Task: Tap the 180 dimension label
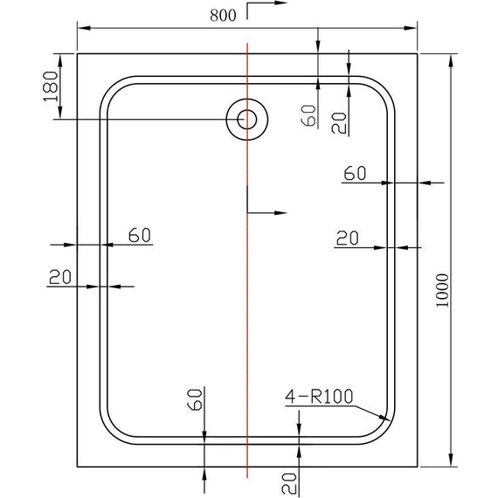pos(50,86)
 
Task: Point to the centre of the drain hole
pos(246,120)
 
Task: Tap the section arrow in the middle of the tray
pos(269,212)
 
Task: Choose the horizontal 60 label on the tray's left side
pos(140,234)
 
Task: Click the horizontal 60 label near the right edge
pos(355,173)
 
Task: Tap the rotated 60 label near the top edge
pos(308,115)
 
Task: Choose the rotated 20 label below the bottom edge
pos(289,480)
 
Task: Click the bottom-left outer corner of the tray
pos(78,468)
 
